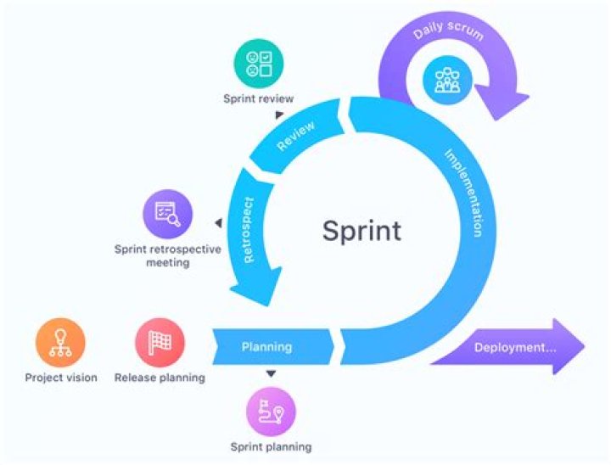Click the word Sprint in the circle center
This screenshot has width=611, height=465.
[361, 230]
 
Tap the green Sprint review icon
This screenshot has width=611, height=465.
[258, 64]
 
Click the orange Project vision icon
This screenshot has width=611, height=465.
[60, 343]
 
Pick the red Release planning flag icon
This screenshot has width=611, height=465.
[160, 343]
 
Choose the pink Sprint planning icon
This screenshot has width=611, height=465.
[271, 412]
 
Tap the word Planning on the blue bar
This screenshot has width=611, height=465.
[266, 346]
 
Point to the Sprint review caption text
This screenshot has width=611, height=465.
[258, 98]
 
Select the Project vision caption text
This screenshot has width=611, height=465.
[60, 378]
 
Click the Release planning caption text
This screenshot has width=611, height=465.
[160, 378]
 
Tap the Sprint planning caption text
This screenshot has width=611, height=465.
[271, 446]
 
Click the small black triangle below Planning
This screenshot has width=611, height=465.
[271, 374]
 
